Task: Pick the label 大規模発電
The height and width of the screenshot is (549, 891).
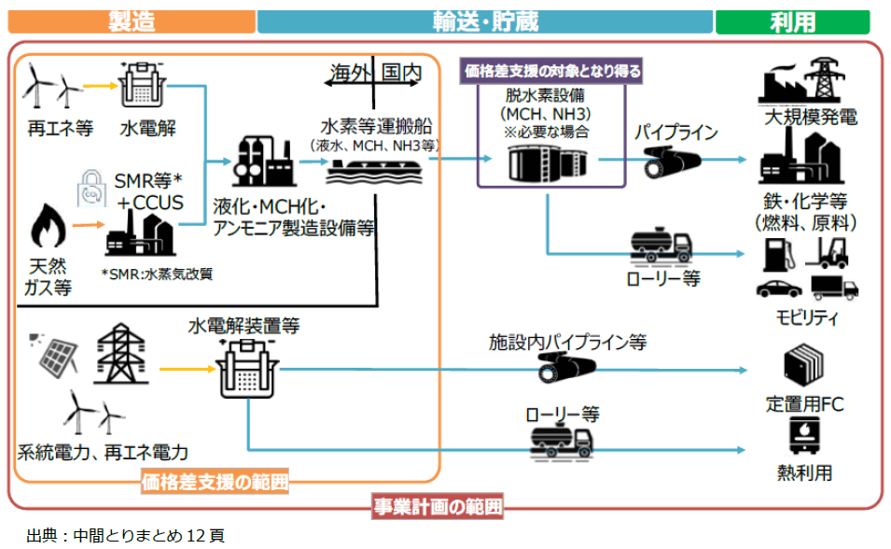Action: (810, 118)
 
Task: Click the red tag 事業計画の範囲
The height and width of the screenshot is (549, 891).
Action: (437, 508)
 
